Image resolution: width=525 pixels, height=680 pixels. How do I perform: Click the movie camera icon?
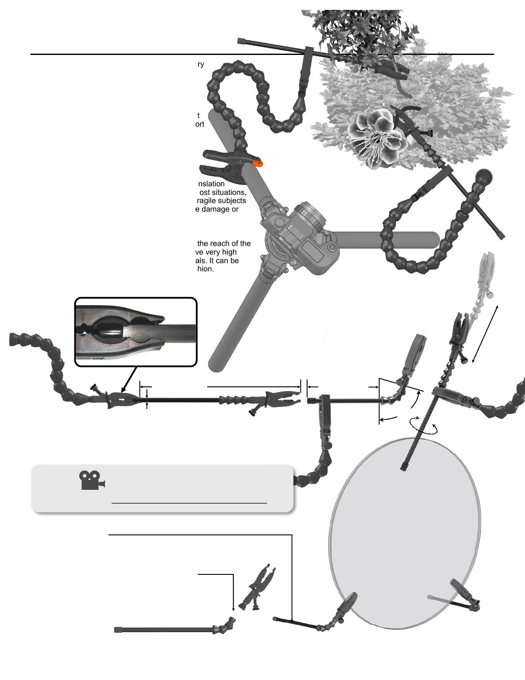click(92, 480)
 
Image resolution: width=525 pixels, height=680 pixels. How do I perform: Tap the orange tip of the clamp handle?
click(257, 163)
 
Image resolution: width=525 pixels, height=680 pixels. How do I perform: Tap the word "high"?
click(228, 252)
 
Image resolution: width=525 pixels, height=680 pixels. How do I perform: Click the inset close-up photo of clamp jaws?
click(136, 332)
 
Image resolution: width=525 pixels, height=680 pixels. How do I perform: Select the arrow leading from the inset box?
click(129, 379)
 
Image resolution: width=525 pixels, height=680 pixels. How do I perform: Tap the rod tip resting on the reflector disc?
click(403, 468)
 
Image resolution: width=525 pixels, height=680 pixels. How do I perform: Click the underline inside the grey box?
click(189, 502)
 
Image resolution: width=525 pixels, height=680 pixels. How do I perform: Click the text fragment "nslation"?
click(211, 184)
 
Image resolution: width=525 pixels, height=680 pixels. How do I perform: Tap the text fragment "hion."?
click(205, 269)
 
